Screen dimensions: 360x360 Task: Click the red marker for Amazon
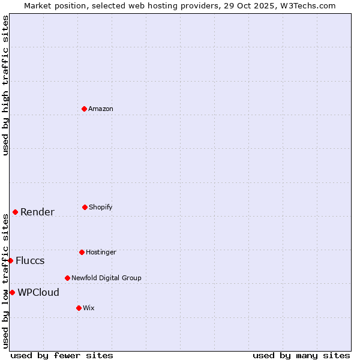point(84,109)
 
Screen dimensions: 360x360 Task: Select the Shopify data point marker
point(85,207)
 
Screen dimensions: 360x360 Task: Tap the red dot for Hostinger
point(82,252)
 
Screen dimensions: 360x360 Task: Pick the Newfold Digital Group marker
point(67,278)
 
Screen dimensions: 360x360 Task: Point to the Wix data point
point(79,308)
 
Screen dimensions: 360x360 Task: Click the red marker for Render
point(15,212)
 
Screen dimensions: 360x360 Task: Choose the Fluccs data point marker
point(10,260)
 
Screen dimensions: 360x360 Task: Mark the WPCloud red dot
point(12,292)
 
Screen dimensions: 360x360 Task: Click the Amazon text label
point(101,109)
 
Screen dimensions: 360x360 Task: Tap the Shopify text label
point(101,207)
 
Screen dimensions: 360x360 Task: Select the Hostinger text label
point(101,252)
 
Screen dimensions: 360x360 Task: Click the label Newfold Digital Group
point(106,278)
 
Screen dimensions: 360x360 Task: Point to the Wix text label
point(89,308)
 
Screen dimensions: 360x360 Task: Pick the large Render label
point(37,212)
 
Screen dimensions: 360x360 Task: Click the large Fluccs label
point(30,260)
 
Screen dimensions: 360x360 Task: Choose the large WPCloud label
point(38,292)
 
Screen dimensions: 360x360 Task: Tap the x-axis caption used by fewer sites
point(62,355)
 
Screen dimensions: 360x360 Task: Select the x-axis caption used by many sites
point(301,355)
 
